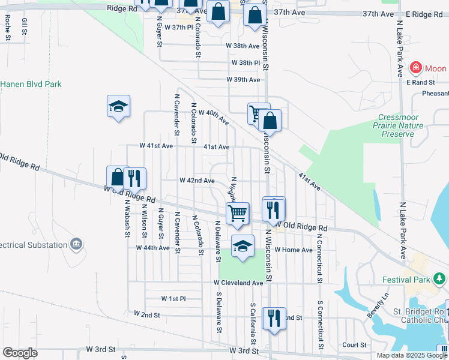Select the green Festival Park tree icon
click(x=440, y=279)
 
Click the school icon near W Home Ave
click(x=243, y=246)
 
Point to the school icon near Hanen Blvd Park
click(x=118, y=107)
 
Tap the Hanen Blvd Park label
click(x=31, y=85)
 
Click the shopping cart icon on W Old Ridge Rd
click(x=238, y=212)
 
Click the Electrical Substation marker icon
click(x=76, y=244)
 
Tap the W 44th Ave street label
click(x=152, y=248)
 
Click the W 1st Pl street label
click(x=173, y=298)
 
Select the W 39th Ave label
click(x=243, y=80)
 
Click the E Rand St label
click(x=420, y=82)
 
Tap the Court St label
click(x=354, y=345)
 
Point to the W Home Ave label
click(x=294, y=250)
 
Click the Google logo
click(x=20, y=352)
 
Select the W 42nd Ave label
click(x=197, y=181)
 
